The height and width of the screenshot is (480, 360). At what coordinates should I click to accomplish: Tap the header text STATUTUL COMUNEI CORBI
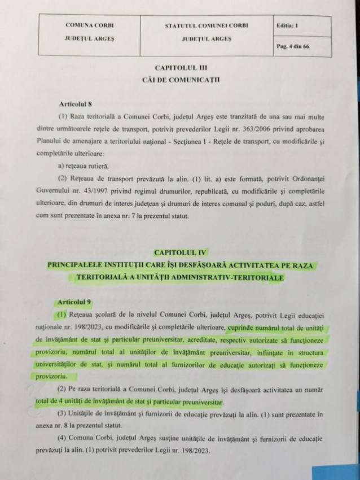tap(207, 26)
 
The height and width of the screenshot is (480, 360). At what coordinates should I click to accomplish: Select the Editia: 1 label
tap(289, 26)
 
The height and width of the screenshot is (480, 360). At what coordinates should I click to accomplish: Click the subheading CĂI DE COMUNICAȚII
tap(181, 80)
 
